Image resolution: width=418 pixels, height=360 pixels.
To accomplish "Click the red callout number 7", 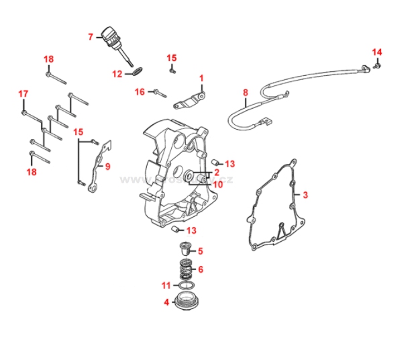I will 91,37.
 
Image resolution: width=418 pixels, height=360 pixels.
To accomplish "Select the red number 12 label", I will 117,74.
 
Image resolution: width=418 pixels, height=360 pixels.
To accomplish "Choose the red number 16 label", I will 140,91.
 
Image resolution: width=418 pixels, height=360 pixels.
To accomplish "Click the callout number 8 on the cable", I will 246,93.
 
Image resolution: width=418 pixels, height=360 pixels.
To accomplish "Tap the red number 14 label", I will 376,52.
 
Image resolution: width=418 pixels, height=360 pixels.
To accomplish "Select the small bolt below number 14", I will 377,65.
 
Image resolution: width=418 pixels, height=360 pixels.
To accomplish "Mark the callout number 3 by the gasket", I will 305,195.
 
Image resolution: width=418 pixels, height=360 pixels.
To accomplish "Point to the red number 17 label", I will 23,93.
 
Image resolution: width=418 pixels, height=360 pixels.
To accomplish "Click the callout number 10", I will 217,184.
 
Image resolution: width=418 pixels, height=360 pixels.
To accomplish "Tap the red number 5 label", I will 200,251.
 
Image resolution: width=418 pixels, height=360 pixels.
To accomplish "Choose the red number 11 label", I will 166,285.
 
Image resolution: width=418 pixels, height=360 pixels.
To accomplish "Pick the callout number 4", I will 166,302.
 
